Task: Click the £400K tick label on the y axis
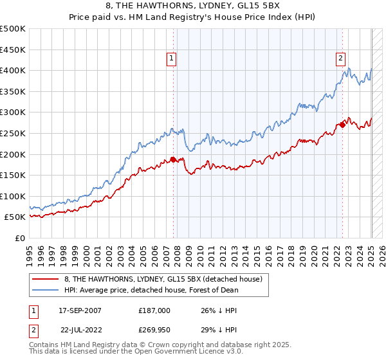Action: pyautogui.click(x=13, y=70)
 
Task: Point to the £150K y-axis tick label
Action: pyautogui.click(x=13, y=175)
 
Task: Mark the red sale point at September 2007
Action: pyautogui.click(x=173, y=159)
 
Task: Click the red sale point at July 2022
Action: pyautogui.click(x=342, y=125)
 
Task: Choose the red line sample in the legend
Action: pyautogui.click(x=46, y=280)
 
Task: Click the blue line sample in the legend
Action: pyautogui.click(x=46, y=290)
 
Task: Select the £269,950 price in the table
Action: pyautogui.click(x=154, y=329)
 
